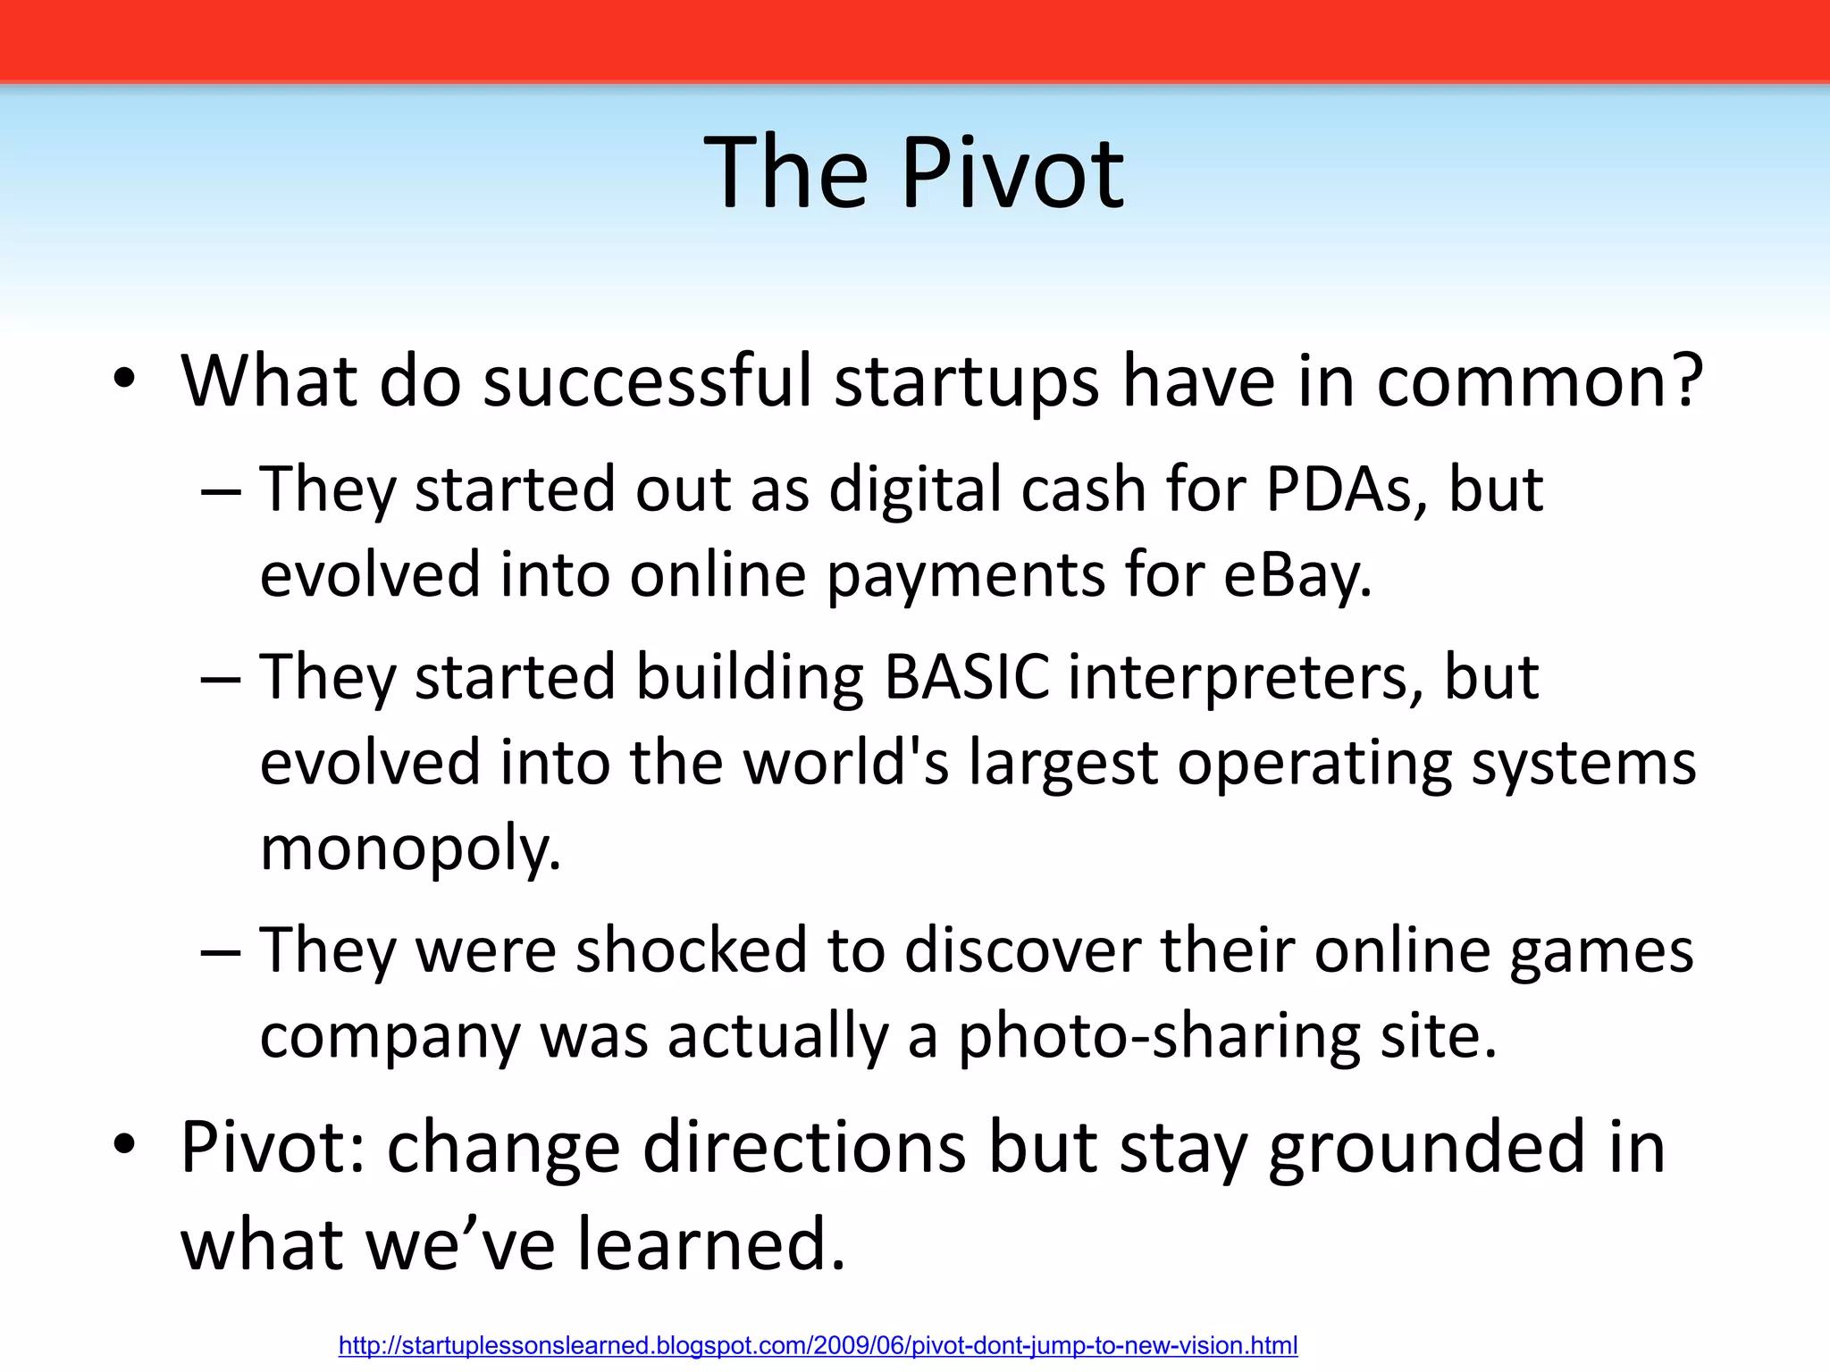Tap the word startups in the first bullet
tap(967, 381)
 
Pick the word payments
tap(966, 574)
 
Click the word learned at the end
tap(710, 1243)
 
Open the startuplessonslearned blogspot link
tap(818, 1345)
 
